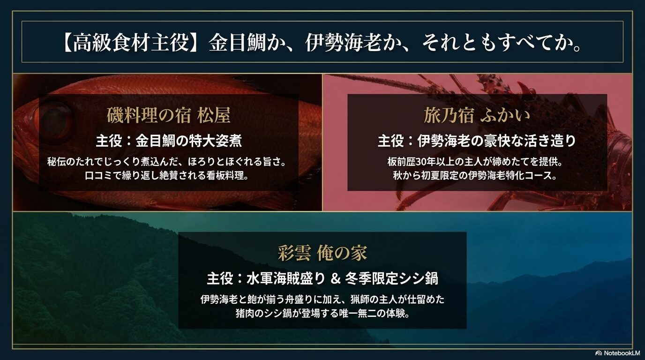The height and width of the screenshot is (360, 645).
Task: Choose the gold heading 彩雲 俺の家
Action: click(322, 253)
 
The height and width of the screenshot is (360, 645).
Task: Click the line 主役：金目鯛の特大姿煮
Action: click(168, 141)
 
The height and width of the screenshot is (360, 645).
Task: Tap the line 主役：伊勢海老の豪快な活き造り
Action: click(477, 141)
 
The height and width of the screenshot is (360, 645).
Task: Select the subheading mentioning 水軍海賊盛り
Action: click(322, 278)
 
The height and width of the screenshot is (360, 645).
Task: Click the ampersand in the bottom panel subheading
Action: click(335, 279)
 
